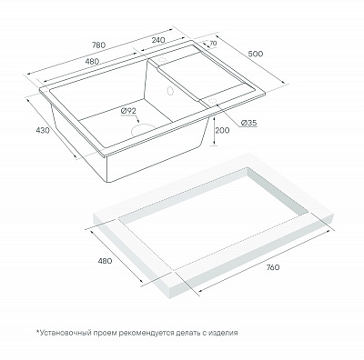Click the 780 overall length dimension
click(98, 45)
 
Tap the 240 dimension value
click(158, 40)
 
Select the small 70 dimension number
click(213, 44)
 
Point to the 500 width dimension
click(256, 54)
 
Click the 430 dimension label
click(43, 130)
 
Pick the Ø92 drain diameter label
click(127, 111)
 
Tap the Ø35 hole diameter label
click(249, 123)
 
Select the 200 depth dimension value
click(222, 130)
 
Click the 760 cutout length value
click(272, 267)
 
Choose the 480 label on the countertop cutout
click(105, 261)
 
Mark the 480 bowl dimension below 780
click(92, 61)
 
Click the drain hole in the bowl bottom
click(142, 129)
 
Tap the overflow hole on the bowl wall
click(169, 90)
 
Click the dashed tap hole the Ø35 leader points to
click(212, 102)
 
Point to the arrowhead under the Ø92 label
click(138, 121)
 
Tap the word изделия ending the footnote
click(224, 333)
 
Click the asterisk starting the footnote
click(38, 331)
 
